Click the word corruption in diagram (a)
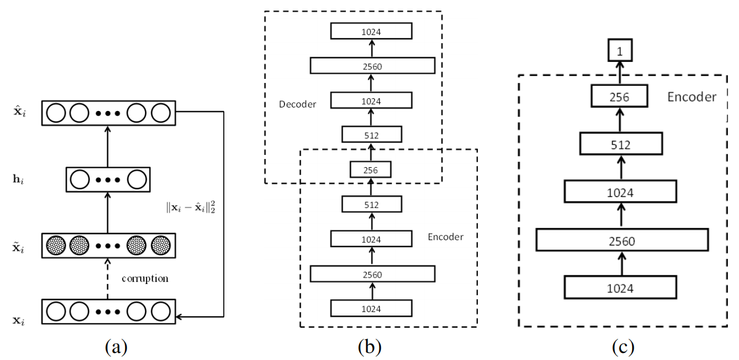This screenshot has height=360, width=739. [x=145, y=279]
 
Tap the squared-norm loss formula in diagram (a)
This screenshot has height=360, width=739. [x=190, y=207]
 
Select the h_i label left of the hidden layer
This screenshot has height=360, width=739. [x=18, y=179]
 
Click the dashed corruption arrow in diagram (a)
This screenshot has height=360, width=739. [x=107, y=279]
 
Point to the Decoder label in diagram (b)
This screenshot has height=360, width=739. [x=297, y=104]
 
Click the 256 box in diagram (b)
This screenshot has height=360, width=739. [x=370, y=169]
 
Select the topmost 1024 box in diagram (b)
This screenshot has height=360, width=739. [x=371, y=31]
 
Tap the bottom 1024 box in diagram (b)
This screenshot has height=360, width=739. [x=371, y=308]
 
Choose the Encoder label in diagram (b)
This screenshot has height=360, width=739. [x=445, y=237]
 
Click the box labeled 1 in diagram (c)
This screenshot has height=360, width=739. [x=620, y=50]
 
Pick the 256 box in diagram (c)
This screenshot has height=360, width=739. [x=619, y=96]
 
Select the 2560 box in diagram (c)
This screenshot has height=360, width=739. [x=622, y=240]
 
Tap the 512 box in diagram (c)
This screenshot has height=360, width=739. [x=621, y=144]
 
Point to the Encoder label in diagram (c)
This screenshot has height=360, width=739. [x=692, y=97]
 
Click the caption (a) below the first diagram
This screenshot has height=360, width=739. [x=116, y=347]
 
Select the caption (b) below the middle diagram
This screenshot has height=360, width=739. [x=370, y=347]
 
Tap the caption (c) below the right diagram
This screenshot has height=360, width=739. [x=623, y=347]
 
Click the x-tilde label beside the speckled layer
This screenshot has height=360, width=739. [x=19, y=247]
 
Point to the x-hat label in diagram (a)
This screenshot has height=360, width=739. [x=20, y=111]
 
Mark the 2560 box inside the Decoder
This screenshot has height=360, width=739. [x=373, y=65]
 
